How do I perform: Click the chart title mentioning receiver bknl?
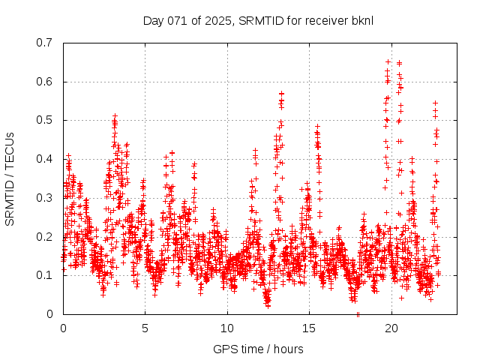(x=257, y=20)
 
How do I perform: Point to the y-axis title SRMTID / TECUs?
(x=10, y=178)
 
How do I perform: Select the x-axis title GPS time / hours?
(x=258, y=349)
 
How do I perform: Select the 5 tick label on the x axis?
(x=145, y=328)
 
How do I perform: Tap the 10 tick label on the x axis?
(x=227, y=328)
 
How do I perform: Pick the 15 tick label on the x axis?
(x=309, y=328)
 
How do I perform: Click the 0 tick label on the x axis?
(x=63, y=328)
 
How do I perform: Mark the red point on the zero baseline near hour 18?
(x=358, y=314)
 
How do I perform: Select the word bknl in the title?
(x=359, y=20)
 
